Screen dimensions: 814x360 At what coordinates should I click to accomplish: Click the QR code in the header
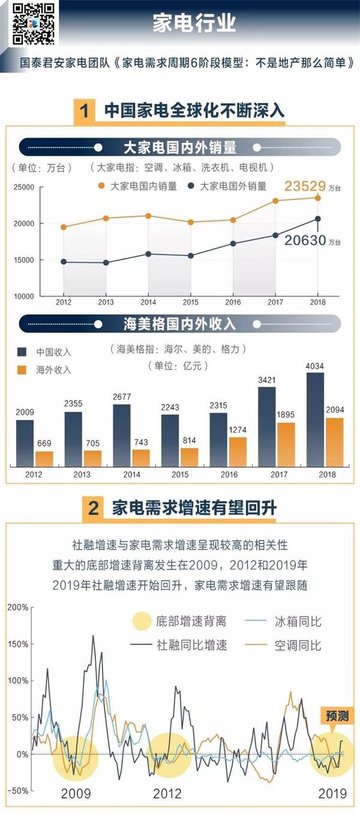[34, 24]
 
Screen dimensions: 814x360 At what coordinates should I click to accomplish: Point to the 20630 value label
[305, 241]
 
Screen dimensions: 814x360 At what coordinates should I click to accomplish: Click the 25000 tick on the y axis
[24, 188]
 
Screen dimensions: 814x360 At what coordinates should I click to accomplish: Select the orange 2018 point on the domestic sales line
[318, 198]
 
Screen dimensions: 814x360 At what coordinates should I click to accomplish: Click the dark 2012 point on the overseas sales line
[63, 262]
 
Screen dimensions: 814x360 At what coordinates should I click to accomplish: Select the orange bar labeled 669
[44, 459]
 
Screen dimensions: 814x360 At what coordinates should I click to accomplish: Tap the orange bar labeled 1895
[286, 444]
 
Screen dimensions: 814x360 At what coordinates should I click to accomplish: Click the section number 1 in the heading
[85, 111]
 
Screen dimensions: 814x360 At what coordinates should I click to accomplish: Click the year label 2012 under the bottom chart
[167, 794]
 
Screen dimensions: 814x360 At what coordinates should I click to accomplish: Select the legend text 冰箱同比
[298, 621]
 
